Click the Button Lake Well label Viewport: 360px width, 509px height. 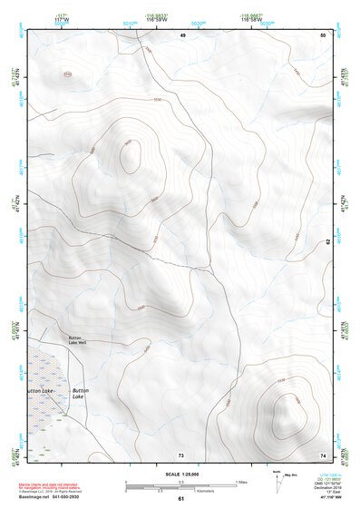(x=77, y=339)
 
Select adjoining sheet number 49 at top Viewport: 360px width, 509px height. (x=182, y=34)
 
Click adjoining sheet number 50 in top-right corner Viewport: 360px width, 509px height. (x=323, y=34)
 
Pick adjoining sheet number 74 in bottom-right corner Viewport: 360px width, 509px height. (x=323, y=454)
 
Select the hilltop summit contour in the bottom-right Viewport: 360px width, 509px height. (x=287, y=412)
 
